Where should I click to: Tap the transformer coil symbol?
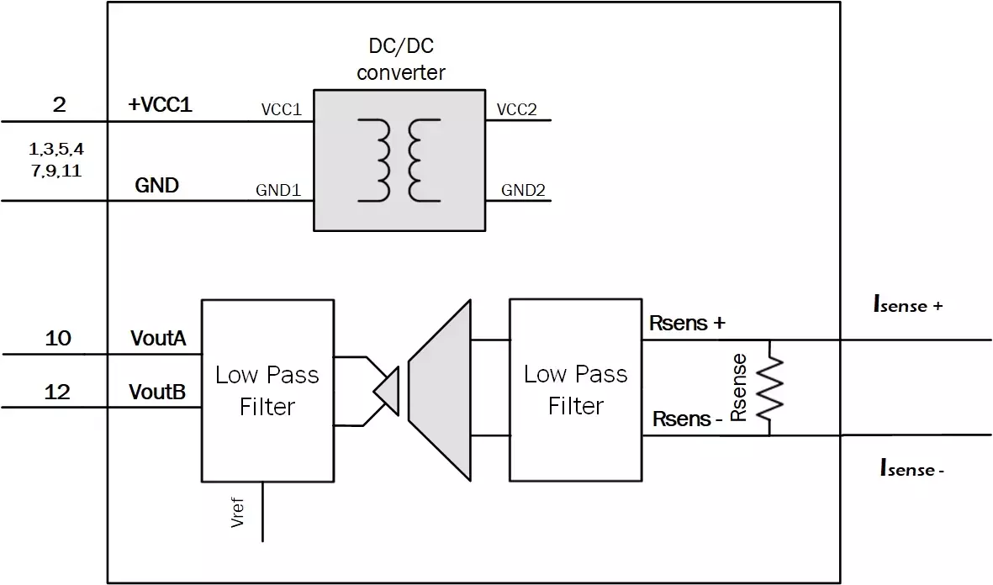click(x=399, y=161)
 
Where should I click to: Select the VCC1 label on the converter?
click(x=281, y=110)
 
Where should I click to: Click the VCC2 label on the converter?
click(x=517, y=110)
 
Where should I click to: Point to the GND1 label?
click(x=278, y=191)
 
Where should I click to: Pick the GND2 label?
click(x=523, y=191)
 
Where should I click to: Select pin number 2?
click(x=58, y=105)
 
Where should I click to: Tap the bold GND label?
click(x=157, y=185)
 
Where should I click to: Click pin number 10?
click(x=58, y=338)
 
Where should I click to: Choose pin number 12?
click(x=58, y=392)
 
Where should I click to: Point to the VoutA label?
click(x=160, y=339)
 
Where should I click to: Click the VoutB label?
click(x=158, y=393)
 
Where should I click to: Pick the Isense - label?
click(x=911, y=468)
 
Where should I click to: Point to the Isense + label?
click(x=908, y=305)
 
